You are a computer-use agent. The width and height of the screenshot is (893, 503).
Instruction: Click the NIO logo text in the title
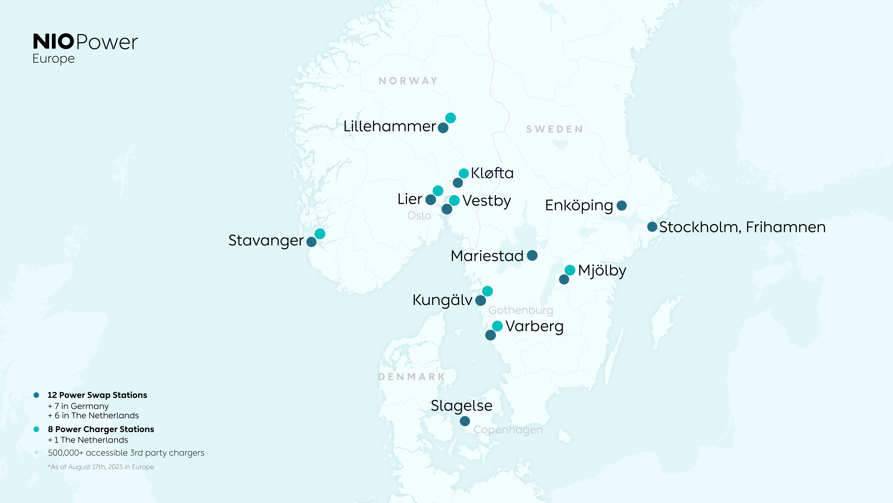pyautogui.click(x=53, y=42)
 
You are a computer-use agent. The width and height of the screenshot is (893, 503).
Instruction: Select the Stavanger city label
pyautogui.click(x=266, y=240)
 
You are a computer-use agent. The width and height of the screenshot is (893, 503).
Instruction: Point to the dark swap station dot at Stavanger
pyautogui.click(x=311, y=242)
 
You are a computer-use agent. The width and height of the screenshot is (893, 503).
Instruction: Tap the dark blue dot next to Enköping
pyautogui.click(x=622, y=206)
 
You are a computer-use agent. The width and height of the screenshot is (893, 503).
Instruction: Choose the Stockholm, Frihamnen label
pyautogui.click(x=742, y=227)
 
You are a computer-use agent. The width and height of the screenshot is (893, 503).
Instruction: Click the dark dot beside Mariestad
pyautogui.click(x=532, y=256)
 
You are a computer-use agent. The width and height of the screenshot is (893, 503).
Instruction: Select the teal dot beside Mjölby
pyautogui.click(x=570, y=270)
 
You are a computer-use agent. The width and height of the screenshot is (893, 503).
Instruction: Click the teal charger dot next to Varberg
pyautogui.click(x=497, y=326)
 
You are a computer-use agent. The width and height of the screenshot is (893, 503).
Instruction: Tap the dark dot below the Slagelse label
pyautogui.click(x=465, y=421)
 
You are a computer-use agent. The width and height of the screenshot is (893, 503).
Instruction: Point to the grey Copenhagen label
pyautogui.click(x=508, y=430)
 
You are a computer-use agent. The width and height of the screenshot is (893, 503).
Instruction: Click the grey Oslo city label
pyautogui.click(x=419, y=216)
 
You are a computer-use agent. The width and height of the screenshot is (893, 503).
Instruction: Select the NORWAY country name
pyautogui.click(x=408, y=81)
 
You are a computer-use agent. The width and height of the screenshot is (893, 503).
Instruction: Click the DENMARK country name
pyautogui.click(x=411, y=377)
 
